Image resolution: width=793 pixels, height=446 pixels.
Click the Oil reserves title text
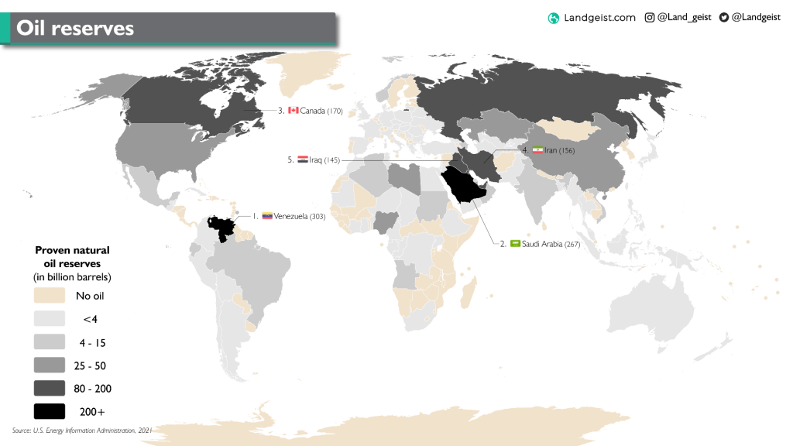[75, 29]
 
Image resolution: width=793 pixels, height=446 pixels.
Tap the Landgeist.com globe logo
[553, 18]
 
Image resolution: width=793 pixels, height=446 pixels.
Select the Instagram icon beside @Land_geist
[650, 17]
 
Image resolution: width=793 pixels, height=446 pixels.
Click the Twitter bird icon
[723, 17]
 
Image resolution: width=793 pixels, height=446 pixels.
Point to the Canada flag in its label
[294, 111]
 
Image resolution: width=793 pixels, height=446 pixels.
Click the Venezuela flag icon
[267, 216]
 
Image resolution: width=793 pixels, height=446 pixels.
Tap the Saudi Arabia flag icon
[515, 244]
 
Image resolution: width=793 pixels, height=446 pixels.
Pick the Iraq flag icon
[303, 160]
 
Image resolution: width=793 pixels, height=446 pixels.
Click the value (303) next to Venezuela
[318, 217]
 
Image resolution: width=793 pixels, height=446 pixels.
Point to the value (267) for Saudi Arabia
[572, 245]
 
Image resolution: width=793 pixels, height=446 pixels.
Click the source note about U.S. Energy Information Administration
[82, 430]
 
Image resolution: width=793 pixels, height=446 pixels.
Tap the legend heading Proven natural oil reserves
[72, 263]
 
